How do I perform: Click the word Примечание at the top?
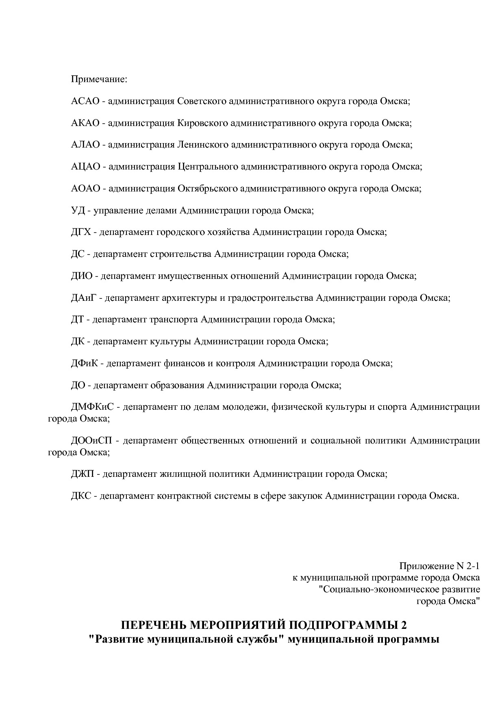[x=99, y=79]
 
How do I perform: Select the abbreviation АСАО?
[x=85, y=101]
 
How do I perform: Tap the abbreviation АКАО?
[x=85, y=123]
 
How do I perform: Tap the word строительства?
[x=180, y=254]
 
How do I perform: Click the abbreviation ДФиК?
[x=85, y=363]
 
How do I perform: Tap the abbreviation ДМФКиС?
[x=93, y=407]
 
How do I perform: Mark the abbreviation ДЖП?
[x=83, y=474]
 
